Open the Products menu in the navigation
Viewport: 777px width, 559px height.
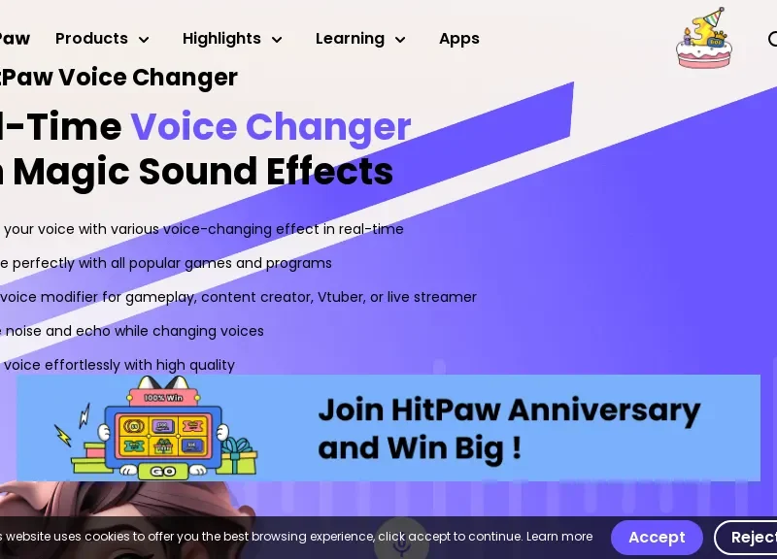click(91, 39)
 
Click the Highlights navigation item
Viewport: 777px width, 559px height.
click(221, 39)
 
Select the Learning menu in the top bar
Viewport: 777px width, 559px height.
click(350, 39)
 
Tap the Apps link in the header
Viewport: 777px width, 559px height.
click(459, 39)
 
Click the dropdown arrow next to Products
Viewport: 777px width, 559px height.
click(144, 40)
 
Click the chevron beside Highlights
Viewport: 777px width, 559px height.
click(277, 40)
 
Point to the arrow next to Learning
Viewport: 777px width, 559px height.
click(399, 40)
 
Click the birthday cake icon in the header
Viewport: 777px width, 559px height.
click(703, 41)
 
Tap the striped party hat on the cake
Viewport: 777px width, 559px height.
click(716, 18)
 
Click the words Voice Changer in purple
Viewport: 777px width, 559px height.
click(271, 127)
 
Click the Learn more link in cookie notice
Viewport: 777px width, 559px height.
click(558, 537)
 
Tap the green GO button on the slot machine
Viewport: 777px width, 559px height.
click(162, 472)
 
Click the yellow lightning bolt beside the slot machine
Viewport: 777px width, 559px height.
click(64, 436)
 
